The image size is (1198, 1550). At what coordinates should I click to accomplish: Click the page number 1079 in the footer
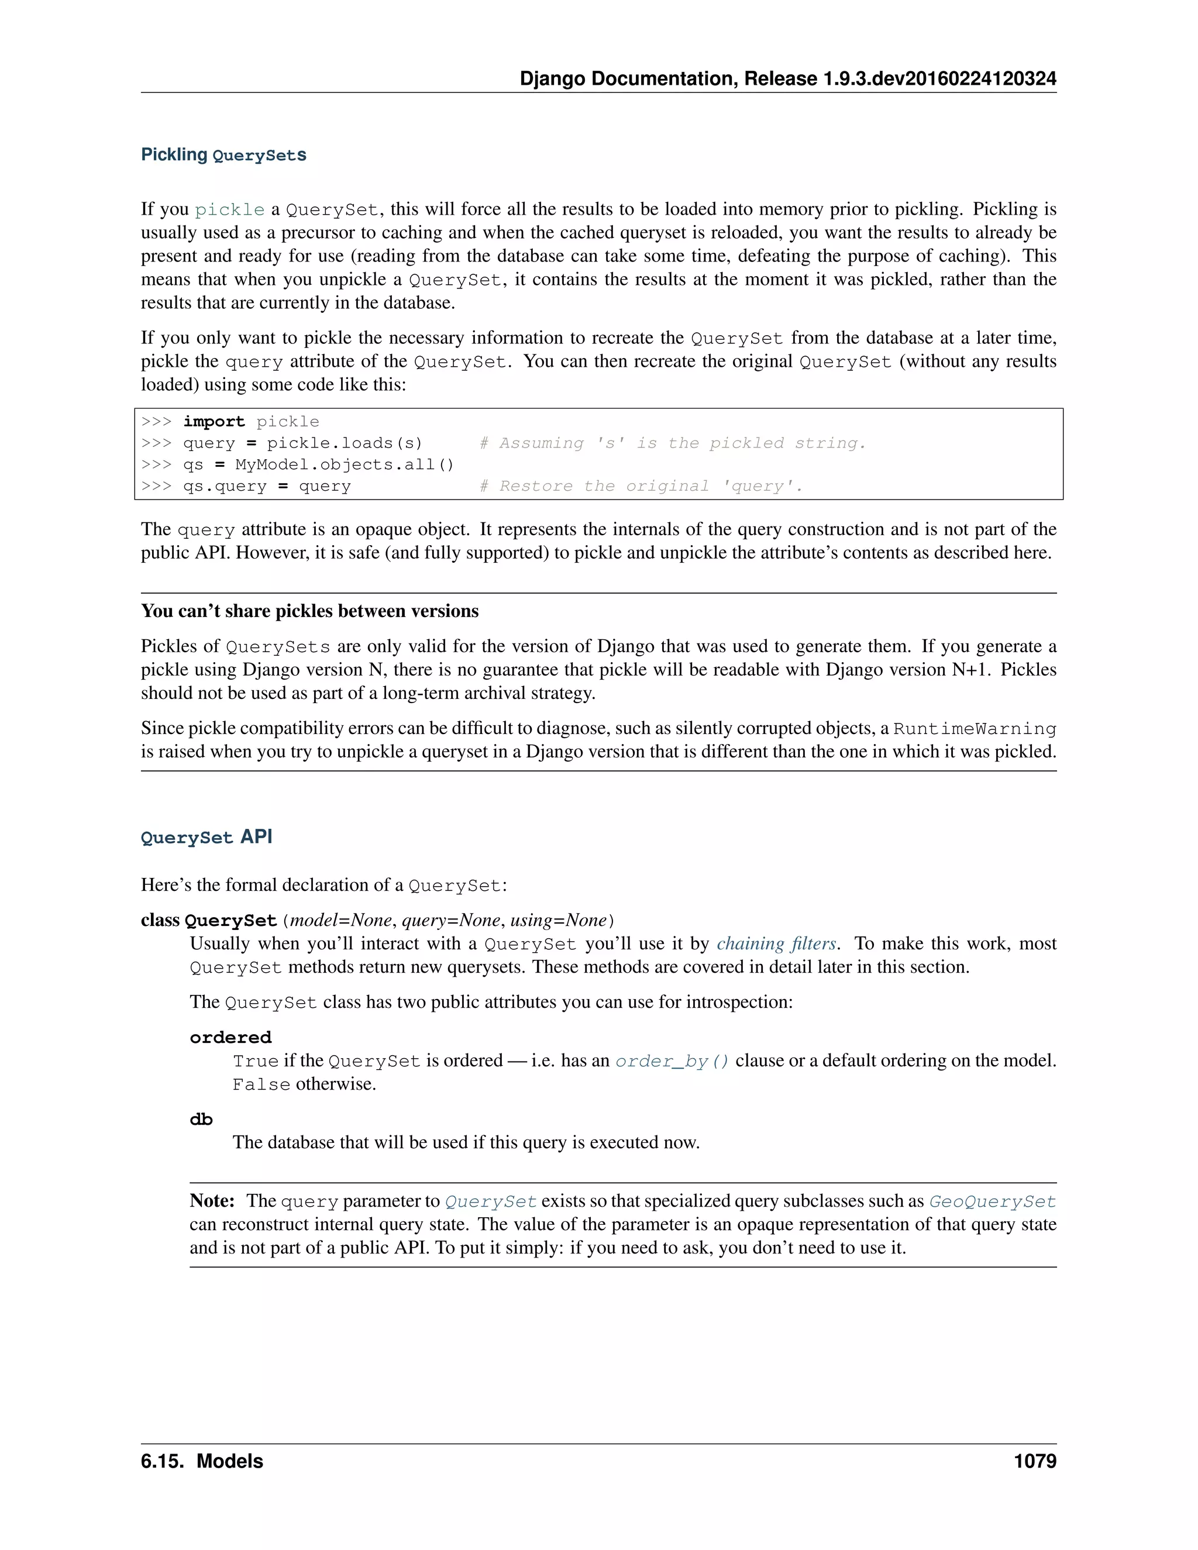point(1034,1461)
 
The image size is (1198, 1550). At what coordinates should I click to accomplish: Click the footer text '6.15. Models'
point(202,1461)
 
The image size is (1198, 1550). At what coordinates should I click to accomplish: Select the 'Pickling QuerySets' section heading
point(223,155)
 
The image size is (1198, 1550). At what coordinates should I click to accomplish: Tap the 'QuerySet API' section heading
point(206,837)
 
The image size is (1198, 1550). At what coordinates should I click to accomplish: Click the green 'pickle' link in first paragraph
point(229,210)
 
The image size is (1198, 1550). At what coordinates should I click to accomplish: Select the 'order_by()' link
point(672,1061)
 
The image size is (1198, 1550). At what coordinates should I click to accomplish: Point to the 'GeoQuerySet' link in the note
point(992,1201)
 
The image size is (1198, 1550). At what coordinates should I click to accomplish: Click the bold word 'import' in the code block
point(214,422)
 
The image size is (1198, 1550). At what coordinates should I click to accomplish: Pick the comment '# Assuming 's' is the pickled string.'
point(672,443)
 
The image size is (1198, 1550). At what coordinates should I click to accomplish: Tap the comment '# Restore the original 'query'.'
point(641,486)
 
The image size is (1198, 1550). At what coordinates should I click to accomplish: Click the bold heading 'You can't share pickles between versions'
point(309,611)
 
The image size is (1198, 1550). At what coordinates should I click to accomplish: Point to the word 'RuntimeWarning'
point(975,729)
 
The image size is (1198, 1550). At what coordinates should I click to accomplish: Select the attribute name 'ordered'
point(230,1038)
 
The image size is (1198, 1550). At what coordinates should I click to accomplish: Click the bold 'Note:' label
point(212,1201)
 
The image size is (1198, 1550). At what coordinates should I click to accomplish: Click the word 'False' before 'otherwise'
point(261,1084)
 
